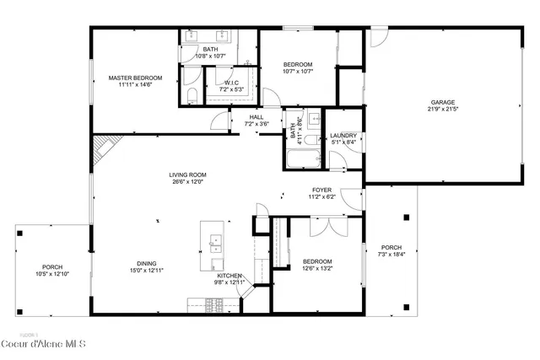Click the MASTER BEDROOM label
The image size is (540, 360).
pyautogui.click(x=135, y=78)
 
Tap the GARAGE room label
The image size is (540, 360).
pyautogui.click(x=443, y=102)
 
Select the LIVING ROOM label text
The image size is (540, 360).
pyautogui.click(x=188, y=175)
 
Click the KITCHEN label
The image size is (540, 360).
pyautogui.click(x=230, y=276)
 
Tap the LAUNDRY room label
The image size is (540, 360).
pyautogui.click(x=343, y=136)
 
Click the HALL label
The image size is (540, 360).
pyautogui.click(x=256, y=117)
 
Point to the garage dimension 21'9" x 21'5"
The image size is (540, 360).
pyautogui.click(x=443, y=109)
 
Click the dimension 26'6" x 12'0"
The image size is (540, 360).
pyautogui.click(x=188, y=182)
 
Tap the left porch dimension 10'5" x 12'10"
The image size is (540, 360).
pyautogui.click(x=52, y=274)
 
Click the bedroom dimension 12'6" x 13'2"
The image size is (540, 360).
pyautogui.click(x=318, y=268)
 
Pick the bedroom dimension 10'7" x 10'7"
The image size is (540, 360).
pyautogui.click(x=298, y=72)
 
